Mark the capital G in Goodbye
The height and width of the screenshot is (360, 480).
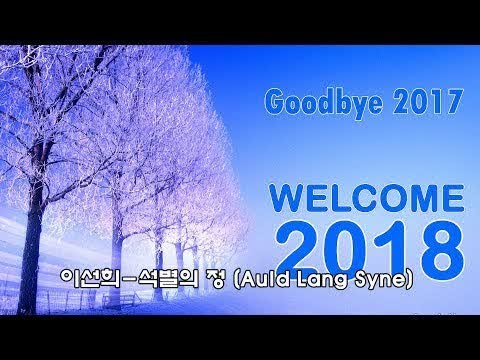pyautogui.click(x=274, y=101)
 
